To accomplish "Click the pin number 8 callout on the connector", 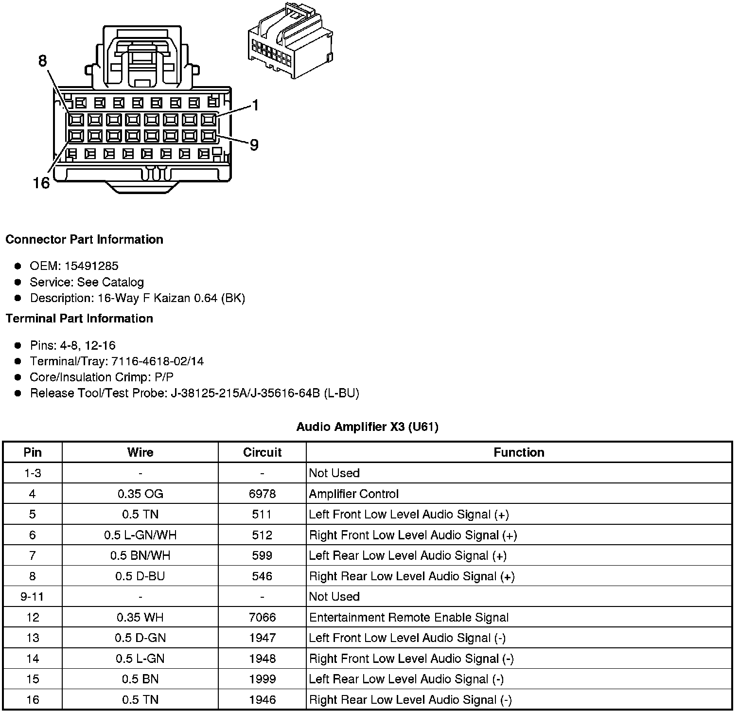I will click(43, 61).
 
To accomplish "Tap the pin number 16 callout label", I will click(41, 183).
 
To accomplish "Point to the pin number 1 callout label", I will click(255, 106).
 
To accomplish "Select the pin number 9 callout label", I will click(254, 145).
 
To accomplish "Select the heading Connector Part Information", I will click(84, 239).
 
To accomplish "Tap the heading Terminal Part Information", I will click(79, 319).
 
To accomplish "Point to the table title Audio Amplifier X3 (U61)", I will click(367, 427).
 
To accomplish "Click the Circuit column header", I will click(262, 452).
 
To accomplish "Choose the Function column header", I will click(519, 452).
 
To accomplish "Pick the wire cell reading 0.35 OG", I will click(140, 494).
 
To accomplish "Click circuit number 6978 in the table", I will click(262, 494).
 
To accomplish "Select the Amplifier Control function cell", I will click(353, 494).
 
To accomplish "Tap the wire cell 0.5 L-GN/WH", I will click(140, 535).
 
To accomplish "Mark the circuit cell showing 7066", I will click(262, 618).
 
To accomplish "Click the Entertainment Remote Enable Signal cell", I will click(408, 618).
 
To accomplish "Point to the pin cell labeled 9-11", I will click(33, 597).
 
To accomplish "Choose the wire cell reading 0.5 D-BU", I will click(140, 576).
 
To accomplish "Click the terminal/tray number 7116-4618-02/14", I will click(158, 361).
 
